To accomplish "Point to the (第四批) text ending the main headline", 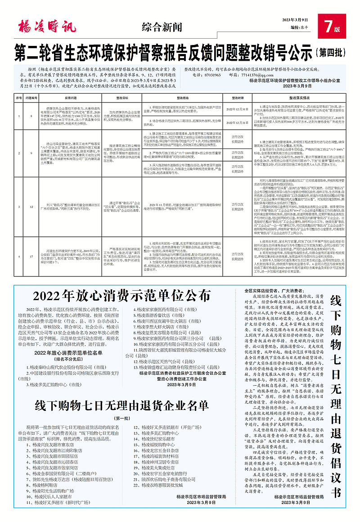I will tap(335, 49).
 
